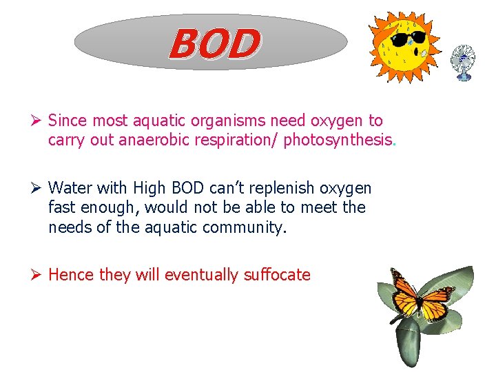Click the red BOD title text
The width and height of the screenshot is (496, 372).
(215, 43)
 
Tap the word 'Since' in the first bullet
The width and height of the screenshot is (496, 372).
(68, 121)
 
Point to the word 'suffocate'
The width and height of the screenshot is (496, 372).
(277, 275)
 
